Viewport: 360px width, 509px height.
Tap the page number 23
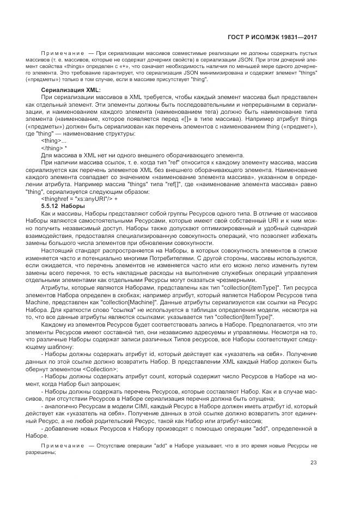point(314,463)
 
